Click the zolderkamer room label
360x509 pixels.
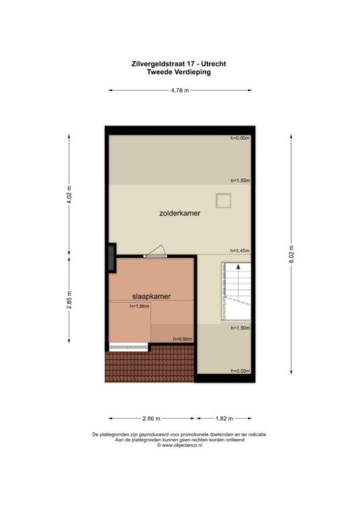coord(180,214)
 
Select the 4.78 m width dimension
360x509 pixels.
coord(180,90)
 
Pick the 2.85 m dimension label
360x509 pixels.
coord(68,301)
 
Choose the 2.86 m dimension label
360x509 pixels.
coord(151,418)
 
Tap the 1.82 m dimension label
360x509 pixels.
coord(225,418)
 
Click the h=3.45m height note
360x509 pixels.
coord(239,250)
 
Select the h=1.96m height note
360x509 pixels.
coord(140,306)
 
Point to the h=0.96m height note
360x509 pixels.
coord(182,339)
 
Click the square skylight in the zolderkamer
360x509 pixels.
coord(222,200)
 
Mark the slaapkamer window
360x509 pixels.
coord(129,345)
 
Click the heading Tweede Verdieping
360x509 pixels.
coord(180,72)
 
